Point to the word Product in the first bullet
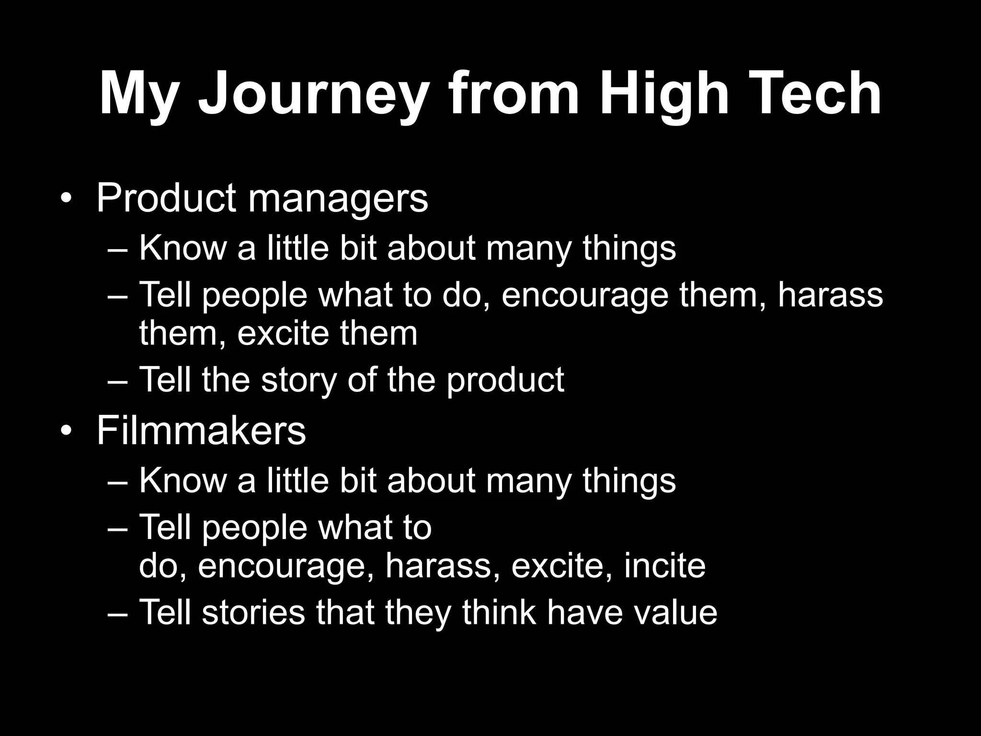pyautogui.click(x=166, y=198)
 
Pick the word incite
pyautogui.click(x=665, y=566)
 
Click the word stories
pyautogui.click(x=253, y=612)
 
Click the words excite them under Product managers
pyautogui.click(x=327, y=333)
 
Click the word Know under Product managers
pyautogui.click(x=183, y=248)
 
